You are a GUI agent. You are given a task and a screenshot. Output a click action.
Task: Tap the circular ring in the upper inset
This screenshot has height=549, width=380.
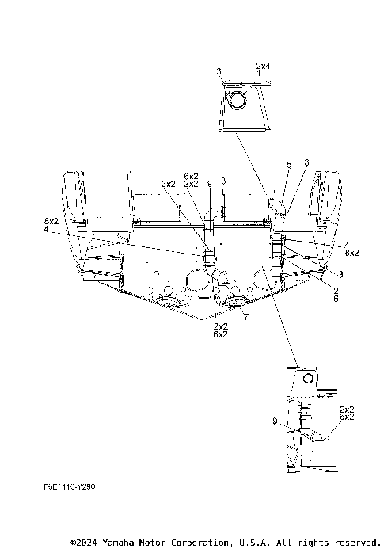coord(236,100)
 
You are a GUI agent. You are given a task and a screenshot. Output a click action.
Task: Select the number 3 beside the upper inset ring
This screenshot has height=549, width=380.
coord(218,72)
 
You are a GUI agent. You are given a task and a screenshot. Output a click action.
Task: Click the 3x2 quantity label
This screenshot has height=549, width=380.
coord(168,183)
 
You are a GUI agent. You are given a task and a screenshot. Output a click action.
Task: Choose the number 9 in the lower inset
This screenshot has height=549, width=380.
coord(275,422)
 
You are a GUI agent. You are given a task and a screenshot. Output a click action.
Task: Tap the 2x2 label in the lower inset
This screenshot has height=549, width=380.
coord(346,409)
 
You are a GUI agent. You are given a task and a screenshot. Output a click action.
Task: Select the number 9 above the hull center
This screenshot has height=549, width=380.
coord(209,183)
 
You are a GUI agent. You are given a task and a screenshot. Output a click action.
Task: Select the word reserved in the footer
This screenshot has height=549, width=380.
coord(354,543)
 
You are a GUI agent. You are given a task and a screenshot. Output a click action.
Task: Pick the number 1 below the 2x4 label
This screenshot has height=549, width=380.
coord(257,72)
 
